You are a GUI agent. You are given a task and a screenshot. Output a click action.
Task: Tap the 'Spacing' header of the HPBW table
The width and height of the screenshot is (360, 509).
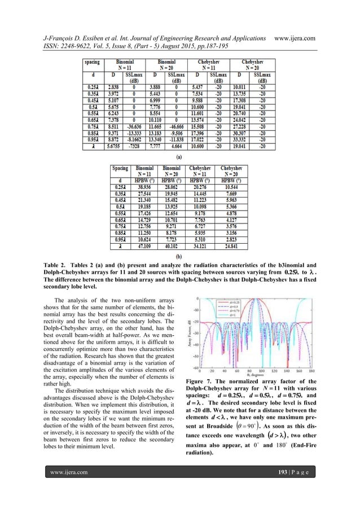point(119,168)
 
